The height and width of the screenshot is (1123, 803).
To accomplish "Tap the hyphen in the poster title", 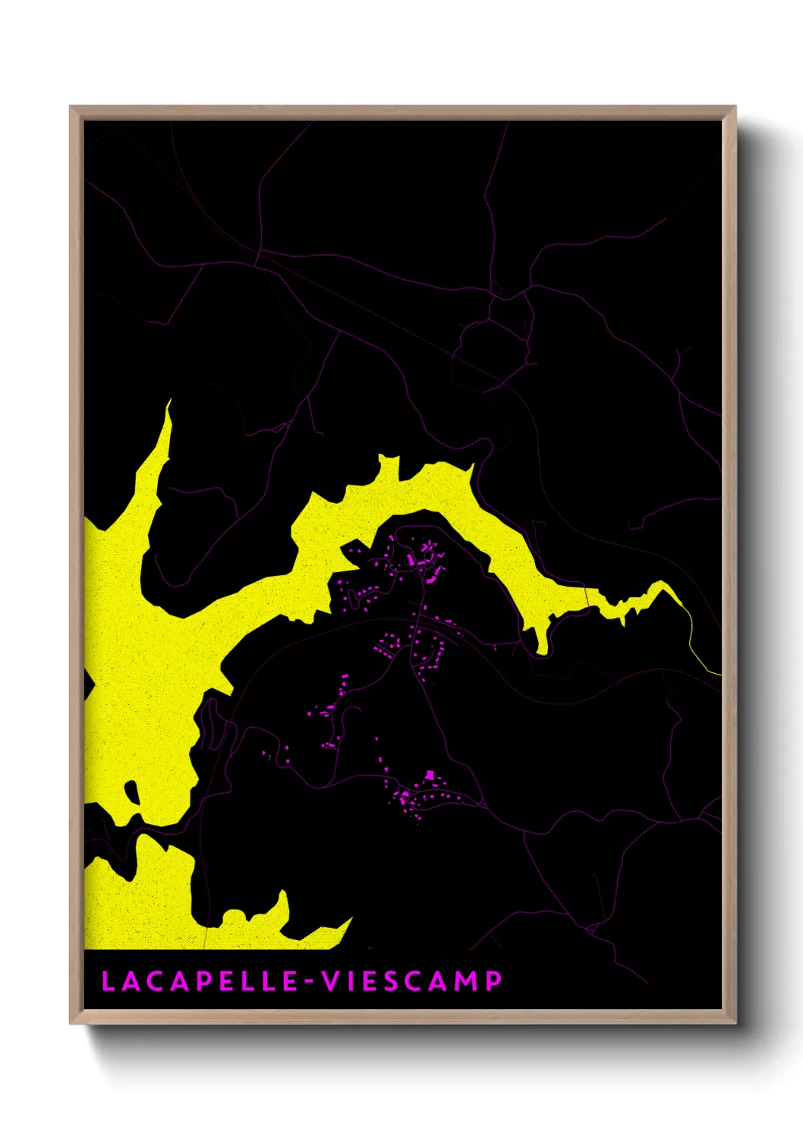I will (310, 982).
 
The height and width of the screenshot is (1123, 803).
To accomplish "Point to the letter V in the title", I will (331, 980).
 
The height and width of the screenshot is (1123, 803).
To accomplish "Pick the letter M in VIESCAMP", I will (466, 980).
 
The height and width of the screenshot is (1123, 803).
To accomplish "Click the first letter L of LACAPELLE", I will (107, 980).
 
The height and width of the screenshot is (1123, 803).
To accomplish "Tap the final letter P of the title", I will (493, 980).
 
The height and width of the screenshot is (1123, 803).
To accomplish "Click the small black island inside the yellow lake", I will (131, 794).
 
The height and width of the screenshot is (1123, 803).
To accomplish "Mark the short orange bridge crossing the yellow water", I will (587, 597).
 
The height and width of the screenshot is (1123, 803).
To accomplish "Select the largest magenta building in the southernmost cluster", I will (430, 776).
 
